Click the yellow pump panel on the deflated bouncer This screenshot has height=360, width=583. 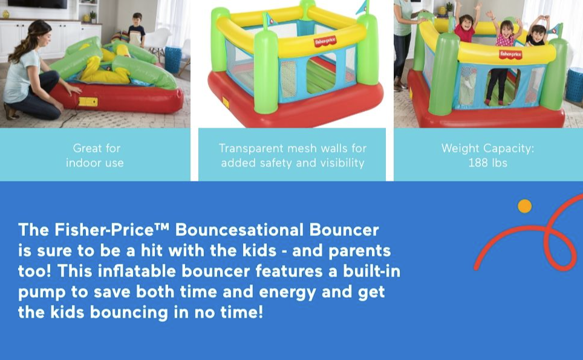pyautogui.click(x=88, y=101)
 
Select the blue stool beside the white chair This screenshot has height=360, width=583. pyautogui.click(x=173, y=59)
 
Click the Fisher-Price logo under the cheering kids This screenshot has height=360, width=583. pyautogui.click(x=510, y=54)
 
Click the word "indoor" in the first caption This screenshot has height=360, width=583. pyautogui.click(x=85, y=163)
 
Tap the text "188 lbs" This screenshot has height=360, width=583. pyautogui.click(x=487, y=163)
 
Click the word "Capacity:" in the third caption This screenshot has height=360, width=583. pyautogui.click(x=512, y=148)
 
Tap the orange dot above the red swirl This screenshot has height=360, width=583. pyautogui.click(x=525, y=206)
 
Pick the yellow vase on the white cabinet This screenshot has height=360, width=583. pyautogui.click(x=6, y=14)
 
